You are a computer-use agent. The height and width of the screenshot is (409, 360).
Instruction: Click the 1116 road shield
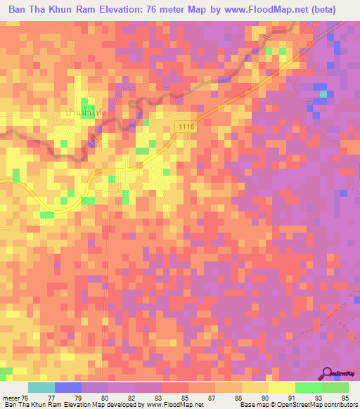[x=185, y=124]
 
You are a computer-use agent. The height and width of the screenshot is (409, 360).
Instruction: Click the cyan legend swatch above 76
[x=41, y=387]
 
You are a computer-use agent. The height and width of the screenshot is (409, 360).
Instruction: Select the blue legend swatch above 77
[x=68, y=387]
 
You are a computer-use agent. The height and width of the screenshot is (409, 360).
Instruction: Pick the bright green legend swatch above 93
[x=309, y=387]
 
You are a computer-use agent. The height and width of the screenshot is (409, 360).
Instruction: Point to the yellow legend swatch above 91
[x=282, y=387]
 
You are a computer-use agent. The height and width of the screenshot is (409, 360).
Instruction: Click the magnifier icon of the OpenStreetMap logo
[x=327, y=373]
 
